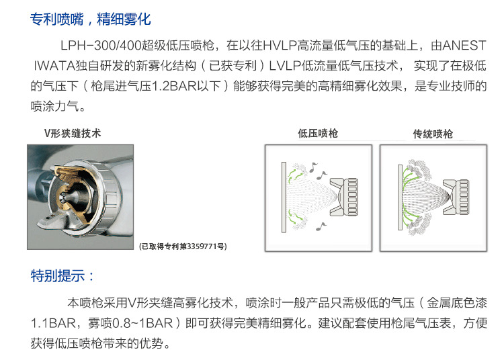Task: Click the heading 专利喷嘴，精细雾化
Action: pos(90,19)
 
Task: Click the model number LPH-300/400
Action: pos(101,46)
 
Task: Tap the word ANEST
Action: pos(464,46)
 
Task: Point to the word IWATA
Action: pos(54,66)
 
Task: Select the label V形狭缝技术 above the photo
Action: pos(73,133)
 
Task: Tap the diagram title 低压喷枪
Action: pos(318,133)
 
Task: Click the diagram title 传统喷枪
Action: pos(433,134)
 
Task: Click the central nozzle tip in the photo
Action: pos(67,197)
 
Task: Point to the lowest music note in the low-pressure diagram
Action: pos(321,226)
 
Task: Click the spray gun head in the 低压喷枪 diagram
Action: pos(344,197)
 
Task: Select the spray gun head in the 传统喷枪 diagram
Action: pos(456,197)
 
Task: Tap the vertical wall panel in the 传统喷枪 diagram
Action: pos(401,197)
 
